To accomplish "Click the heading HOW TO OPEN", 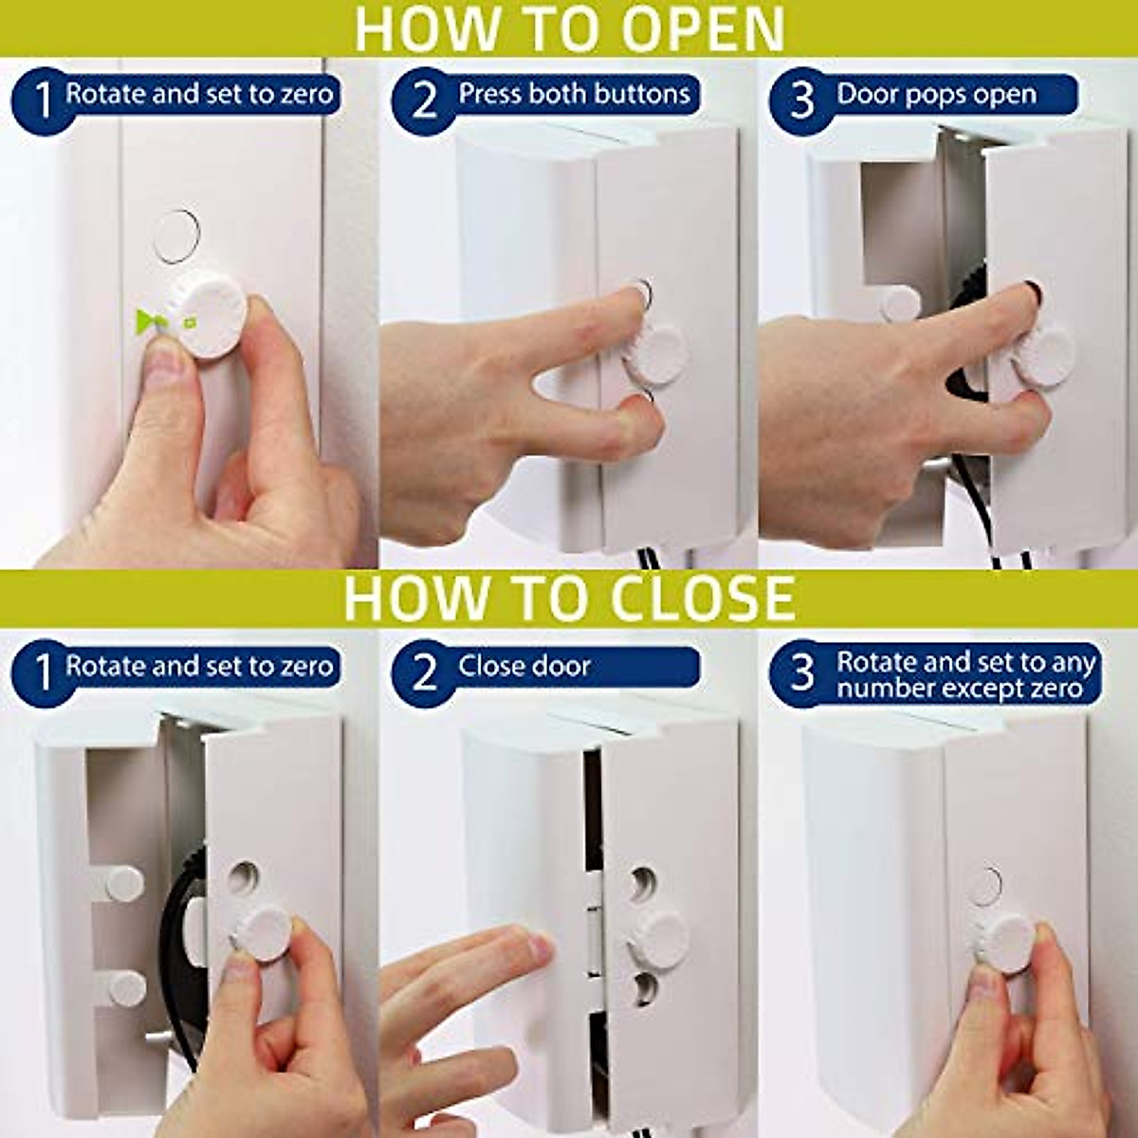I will (569, 28).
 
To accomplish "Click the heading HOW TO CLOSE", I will (569, 597).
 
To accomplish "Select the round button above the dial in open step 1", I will (176, 234).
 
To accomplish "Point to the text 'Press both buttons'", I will (574, 94).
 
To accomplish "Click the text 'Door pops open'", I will (936, 95).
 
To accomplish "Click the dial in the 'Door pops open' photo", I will (1042, 355).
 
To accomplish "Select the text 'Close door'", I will (523, 666).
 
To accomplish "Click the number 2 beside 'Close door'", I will (424, 671).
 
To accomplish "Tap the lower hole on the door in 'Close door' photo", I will (644, 987).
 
